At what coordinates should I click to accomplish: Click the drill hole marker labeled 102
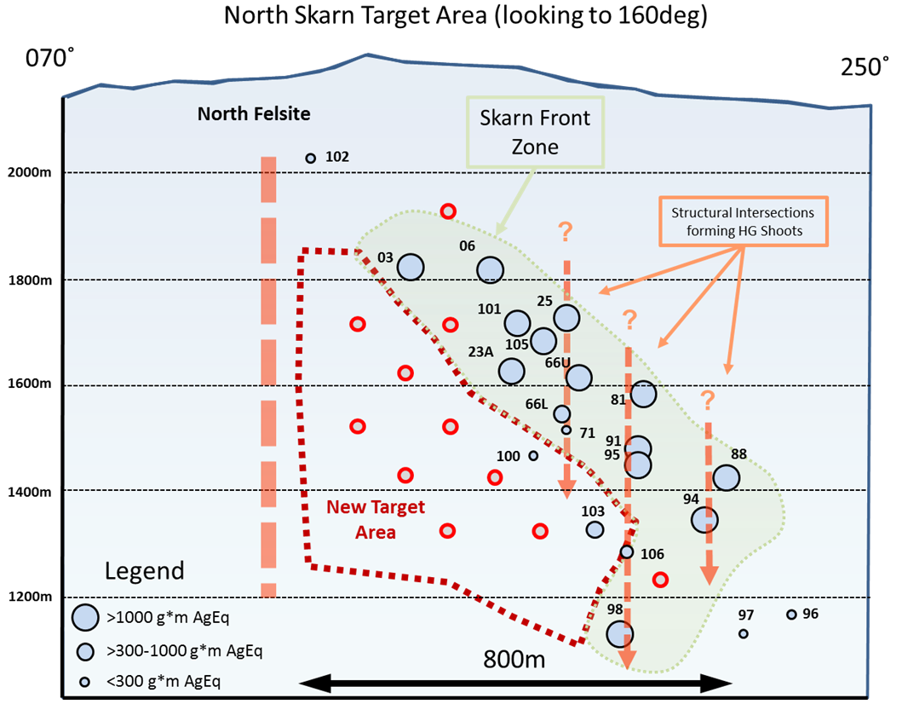pyautogui.click(x=311, y=158)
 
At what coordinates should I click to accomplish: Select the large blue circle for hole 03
pyautogui.click(x=411, y=267)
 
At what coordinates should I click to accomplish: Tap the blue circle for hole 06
pyautogui.click(x=490, y=269)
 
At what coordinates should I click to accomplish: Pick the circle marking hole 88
pyautogui.click(x=726, y=477)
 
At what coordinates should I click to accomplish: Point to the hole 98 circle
pyautogui.click(x=619, y=634)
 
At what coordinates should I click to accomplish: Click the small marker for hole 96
pyautogui.click(x=791, y=615)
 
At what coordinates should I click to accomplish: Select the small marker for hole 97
pyautogui.click(x=744, y=633)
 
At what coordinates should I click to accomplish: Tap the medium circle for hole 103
pyautogui.click(x=595, y=529)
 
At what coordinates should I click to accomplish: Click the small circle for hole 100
pyautogui.click(x=533, y=455)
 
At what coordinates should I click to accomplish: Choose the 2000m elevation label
pyautogui.click(x=29, y=172)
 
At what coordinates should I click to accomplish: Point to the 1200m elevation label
pyautogui.click(x=29, y=597)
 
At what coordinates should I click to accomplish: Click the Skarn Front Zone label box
pyautogui.click(x=535, y=132)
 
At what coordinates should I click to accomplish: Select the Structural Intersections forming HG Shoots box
pyautogui.click(x=743, y=222)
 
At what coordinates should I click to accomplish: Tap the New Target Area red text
pyautogui.click(x=376, y=519)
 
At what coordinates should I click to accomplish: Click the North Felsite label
pyautogui.click(x=254, y=114)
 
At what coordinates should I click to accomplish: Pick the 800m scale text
pyautogui.click(x=514, y=660)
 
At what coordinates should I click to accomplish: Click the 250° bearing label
pyautogui.click(x=865, y=67)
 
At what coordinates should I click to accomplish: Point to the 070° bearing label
pyautogui.click(x=49, y=58)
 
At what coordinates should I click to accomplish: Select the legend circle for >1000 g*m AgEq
pyautogui.click(x=85, y=617)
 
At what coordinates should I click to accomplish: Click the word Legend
pyautogui.click(x=145, y=571)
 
